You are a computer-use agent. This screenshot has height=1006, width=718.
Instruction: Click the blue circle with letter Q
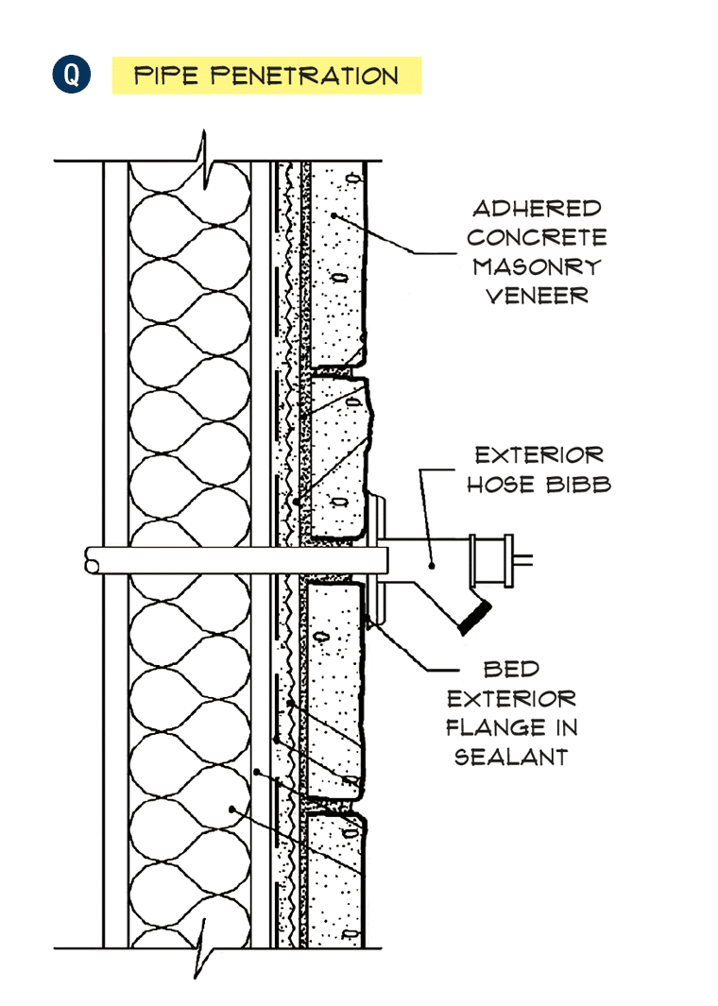[x=71, y=75]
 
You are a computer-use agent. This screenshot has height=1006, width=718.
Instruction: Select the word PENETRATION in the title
[x=305, y=76]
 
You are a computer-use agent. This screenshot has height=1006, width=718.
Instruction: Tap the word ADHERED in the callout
[x=537, y=209]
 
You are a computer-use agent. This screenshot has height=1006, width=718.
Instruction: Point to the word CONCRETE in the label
[x=537, y=237]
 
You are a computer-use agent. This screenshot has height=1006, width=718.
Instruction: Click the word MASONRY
[x=537, y=266]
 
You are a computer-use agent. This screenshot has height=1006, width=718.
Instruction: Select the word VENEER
[x=537, y=296]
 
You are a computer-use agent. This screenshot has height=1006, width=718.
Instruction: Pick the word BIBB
[x=579, y=485]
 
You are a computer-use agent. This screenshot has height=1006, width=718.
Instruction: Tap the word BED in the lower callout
[x=511, y=669]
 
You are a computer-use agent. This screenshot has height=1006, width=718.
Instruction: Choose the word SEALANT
[x=511, y=757]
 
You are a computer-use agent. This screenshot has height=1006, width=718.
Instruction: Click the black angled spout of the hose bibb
[x=475, y=617]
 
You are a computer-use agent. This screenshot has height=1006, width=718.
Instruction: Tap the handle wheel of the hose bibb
[x=492, y=561]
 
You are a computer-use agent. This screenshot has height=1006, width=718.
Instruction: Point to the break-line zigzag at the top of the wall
[x=205, y=161]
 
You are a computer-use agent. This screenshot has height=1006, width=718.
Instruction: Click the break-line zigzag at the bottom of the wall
[x=205, y=947]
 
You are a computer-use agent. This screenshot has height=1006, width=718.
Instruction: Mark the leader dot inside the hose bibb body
[x=433, y=565]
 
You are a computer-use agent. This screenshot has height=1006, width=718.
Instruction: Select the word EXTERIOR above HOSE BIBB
[x=539, y=455]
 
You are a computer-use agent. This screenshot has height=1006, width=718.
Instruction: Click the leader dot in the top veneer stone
[x=333, y=215]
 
